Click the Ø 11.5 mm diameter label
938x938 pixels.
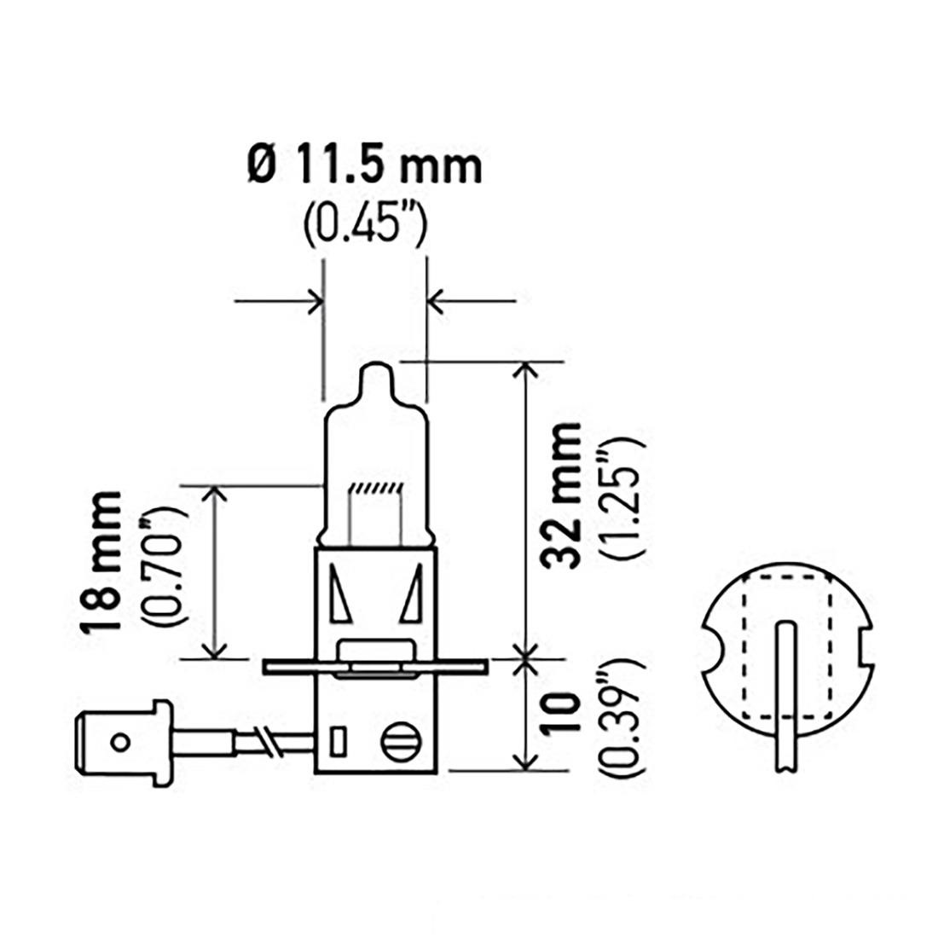coord(364,167)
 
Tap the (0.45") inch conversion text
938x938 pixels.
coord(366,225)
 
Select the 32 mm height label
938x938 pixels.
coord(561,494)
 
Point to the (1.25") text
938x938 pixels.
coord(625,498)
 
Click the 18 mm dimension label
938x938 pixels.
coord(101,562)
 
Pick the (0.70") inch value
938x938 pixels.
coord(164,565)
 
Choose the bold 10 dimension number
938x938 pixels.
coord(560,713)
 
